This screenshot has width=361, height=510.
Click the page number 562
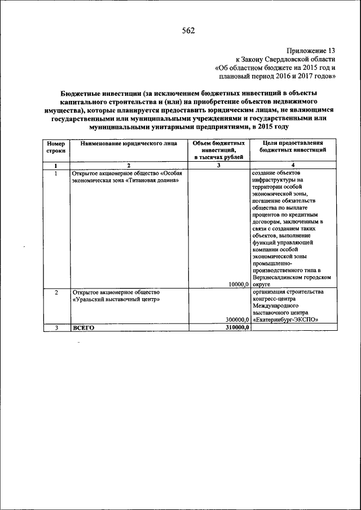188,31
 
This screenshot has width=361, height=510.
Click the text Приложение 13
310,50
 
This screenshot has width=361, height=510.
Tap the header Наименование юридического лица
129,144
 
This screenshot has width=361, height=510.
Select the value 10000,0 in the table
239,285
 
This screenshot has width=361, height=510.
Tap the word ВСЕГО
82,327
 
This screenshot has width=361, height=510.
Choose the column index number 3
219,165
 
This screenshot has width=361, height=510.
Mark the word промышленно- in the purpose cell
271,263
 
